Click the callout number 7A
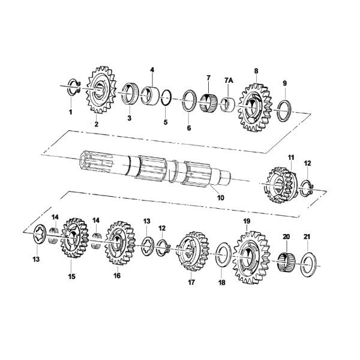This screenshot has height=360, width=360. (x=229, y=80)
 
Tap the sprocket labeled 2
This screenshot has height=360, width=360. (x=101, y=89)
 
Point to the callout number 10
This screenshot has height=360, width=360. (x=221, y=197)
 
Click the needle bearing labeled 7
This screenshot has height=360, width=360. (x=208, y=103)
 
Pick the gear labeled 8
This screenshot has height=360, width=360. (x=254, y=107)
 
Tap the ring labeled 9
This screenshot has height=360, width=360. (x=284, y=111)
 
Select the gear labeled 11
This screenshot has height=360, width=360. (x=282, y=185)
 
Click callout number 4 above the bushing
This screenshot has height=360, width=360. (x=152, y=70)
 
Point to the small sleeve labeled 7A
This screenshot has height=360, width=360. (x=227, y=104)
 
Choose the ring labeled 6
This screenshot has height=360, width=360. (x=190, y=101)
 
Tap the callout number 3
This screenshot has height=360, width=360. (x=130, y=118)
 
